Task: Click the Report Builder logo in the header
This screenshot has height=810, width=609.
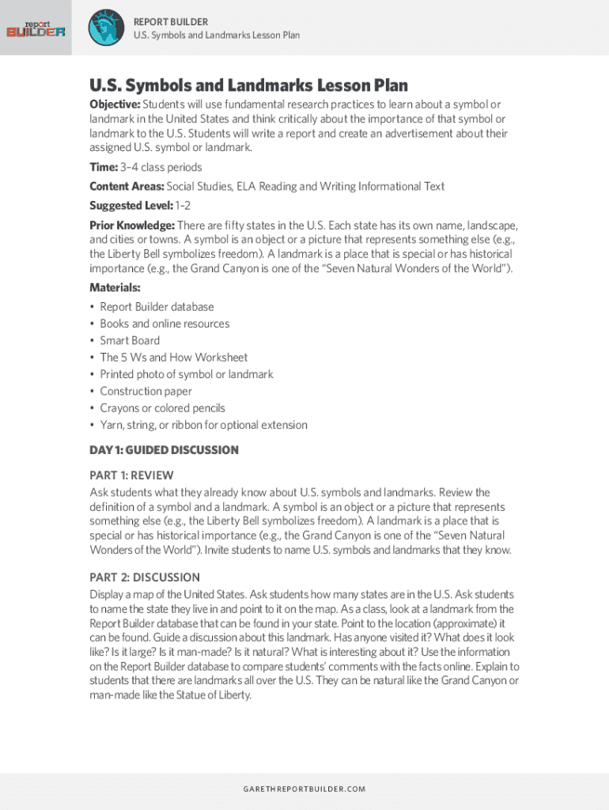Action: point(36,28)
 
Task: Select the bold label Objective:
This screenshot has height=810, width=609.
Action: point(115,104)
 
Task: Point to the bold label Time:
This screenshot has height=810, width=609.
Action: point(103,167)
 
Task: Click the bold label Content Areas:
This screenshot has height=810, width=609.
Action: point(127,187)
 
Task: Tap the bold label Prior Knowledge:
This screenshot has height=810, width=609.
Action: point(132,225)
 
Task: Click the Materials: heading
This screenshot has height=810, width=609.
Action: point(115,288)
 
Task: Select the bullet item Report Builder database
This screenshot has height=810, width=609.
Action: point(157,307)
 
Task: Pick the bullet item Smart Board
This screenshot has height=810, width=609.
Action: point(130,341)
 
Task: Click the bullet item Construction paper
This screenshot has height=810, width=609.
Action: point(146,392)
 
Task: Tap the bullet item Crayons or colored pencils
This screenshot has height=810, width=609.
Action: point(162,408)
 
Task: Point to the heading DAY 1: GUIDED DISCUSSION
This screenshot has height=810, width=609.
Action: point(164,450)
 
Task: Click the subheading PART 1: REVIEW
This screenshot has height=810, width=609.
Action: point(131,475)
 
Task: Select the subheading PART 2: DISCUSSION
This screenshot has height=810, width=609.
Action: point(145,577)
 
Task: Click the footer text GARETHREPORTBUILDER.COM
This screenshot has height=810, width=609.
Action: point(304,789)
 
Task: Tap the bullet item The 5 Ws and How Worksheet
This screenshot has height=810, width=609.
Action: point(173,358)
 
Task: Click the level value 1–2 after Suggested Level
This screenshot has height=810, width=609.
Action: point(183,206)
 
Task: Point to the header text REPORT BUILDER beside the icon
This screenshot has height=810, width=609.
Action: point(171,21)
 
